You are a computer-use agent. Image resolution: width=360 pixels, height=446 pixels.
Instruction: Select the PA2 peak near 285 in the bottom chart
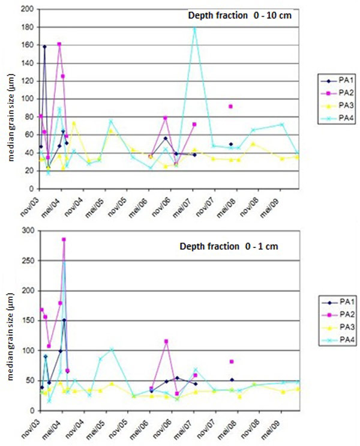pyautogui.click(x=64, y=240)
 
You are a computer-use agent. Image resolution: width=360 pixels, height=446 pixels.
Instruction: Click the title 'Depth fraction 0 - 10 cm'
pyautogui.click(x=238, y=16)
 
